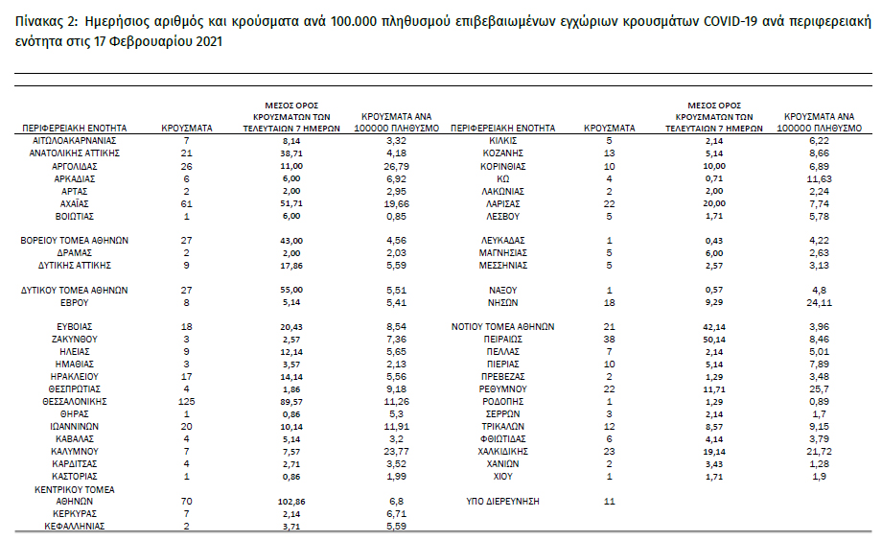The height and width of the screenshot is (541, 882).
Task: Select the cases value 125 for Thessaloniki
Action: pyautogui.click(x=187, y=401)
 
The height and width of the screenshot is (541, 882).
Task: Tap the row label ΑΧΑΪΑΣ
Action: pyautogui.click(x=74, y=203)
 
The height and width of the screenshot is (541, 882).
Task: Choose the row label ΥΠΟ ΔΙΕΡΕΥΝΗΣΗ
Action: pyautogui.click(x=502, y=501)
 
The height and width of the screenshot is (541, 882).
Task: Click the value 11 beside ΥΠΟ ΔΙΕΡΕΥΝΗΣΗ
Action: pyautogui.click(x=609, y=501)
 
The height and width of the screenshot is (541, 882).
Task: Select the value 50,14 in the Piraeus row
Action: pyautogui.click(x=714, y=339)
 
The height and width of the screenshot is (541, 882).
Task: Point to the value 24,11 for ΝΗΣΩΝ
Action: pyautogui.click(x=818, y=302)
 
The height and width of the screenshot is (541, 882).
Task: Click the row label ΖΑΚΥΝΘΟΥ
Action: pyautogui.click(x=74, y=339)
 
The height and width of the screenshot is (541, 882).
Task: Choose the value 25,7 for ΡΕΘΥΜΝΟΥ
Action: pyautogui.click(x=818, y=388)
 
